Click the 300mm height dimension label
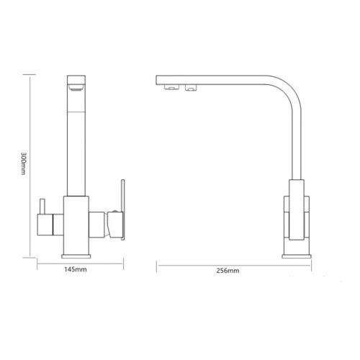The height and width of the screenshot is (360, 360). point(23,163)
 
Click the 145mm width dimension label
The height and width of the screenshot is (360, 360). point(76,269)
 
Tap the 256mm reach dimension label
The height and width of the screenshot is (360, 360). point(228,271)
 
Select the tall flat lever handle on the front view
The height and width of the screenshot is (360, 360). point(123,210)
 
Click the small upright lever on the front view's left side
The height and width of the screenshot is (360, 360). point(42,206)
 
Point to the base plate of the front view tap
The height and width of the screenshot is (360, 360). point(76,256)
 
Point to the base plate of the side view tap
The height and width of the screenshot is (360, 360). point(297,256)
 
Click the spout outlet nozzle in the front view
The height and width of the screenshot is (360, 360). point(76,88)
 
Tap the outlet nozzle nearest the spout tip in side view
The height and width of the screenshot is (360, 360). point(171,87)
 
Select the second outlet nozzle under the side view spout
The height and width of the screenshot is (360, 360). point(192,88)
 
